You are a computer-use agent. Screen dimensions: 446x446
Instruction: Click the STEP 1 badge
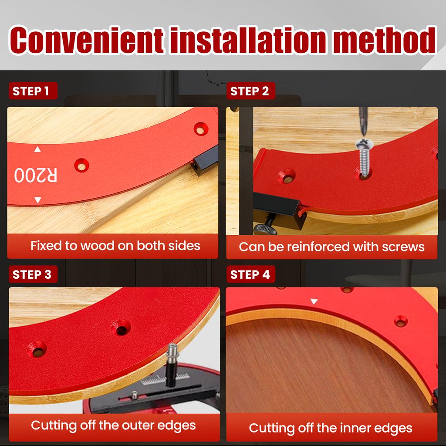click(32, 91)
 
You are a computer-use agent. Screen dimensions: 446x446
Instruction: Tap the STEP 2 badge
click(250, 91)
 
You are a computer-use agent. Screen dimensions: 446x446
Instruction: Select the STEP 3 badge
click(32, 275)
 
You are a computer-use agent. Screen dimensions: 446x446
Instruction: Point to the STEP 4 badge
click(250, 275)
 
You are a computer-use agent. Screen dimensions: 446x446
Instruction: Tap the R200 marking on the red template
click(36, 175)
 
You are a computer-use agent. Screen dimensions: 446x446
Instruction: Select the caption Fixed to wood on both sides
click(115, 246)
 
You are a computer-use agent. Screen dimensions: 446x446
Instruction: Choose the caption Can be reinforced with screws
click(331, 247)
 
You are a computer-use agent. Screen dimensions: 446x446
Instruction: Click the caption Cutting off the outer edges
click(113, 425)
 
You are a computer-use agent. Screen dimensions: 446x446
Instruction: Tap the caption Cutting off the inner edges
click(331, 428)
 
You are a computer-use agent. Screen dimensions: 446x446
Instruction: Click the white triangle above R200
click(37, 149)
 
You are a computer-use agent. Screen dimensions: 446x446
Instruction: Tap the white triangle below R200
click(37, 200)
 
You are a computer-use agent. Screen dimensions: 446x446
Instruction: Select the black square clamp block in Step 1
click(205, 160)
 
